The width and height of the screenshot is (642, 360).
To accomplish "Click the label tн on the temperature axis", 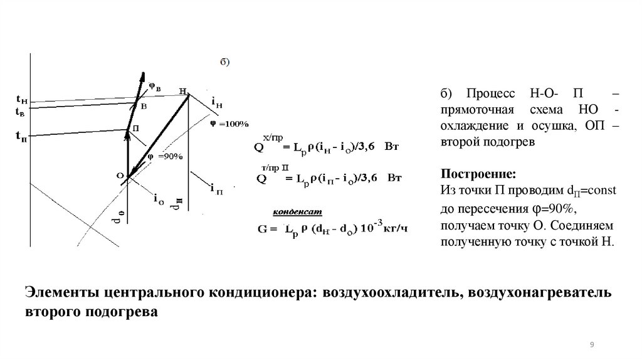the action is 21,99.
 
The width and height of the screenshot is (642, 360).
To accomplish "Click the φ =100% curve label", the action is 229,123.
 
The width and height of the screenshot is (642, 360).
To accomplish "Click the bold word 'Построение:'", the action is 469,173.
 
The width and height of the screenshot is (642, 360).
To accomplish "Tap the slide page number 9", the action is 592,345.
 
